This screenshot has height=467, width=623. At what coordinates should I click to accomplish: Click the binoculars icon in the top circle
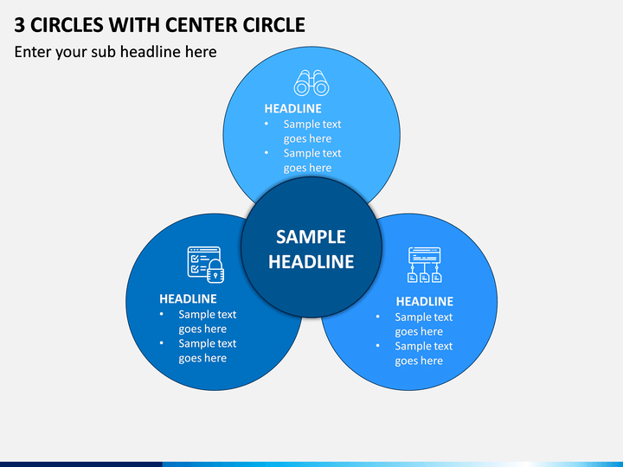tap(311, 83)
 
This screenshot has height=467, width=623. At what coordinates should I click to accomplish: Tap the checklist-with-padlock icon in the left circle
tap(206, 265)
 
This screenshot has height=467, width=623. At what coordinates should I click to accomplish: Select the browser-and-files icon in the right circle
tap(425, 265)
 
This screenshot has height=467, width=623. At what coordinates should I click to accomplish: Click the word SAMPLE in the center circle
tap(311, 237)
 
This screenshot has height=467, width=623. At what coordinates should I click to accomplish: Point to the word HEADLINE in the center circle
tap(311, 262)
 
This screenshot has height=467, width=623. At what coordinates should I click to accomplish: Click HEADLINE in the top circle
tap(292, 108)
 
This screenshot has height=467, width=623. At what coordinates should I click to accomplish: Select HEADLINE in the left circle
tap(188, 298)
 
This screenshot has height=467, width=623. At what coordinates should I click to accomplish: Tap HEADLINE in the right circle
tap(424, 302)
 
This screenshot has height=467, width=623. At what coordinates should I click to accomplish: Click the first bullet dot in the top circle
tap(267, 124)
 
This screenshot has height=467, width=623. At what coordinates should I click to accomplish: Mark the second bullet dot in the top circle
tap(267, 153)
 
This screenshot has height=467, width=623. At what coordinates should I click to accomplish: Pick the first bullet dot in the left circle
tap(161, 314)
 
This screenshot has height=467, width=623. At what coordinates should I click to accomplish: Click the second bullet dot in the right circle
tap(377, 346)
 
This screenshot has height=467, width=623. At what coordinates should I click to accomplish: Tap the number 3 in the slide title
tap(19, 25)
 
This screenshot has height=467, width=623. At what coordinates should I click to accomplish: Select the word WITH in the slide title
tap(135, 25)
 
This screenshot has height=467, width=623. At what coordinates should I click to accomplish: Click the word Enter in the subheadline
tap(33, 52)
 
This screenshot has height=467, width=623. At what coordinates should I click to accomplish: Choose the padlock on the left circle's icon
tap(215, 271)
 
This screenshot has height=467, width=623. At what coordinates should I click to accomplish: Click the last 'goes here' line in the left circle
tap(202, 358)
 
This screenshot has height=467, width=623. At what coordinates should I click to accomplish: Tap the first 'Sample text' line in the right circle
tap(423, 317)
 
